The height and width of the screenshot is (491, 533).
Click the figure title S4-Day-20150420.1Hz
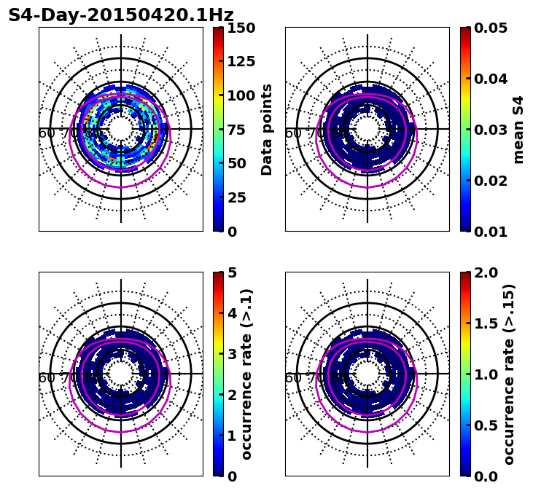click(x=121, y=15)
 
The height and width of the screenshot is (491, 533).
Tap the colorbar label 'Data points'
click(x=267, y=130)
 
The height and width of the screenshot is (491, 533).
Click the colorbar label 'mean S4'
click(x=518, y=130)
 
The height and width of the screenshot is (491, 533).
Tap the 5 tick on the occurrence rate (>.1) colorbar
click(x=232, y=272)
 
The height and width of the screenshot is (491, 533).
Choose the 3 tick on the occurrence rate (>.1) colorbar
click(x=232, y=354)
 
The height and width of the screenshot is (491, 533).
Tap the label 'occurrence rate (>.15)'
click(x=509, y=374)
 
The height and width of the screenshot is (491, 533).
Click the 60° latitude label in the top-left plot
click(x=47, y=133)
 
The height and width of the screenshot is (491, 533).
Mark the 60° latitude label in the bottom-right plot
click(x=293, y=378)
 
